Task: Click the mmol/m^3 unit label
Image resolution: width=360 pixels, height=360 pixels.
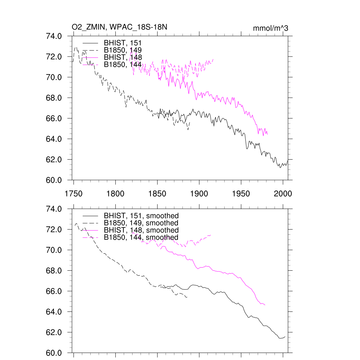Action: [270, 28]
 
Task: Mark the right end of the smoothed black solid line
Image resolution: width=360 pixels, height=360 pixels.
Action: [285, 336]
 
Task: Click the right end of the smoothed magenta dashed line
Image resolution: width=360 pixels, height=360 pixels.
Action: [211, 235]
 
